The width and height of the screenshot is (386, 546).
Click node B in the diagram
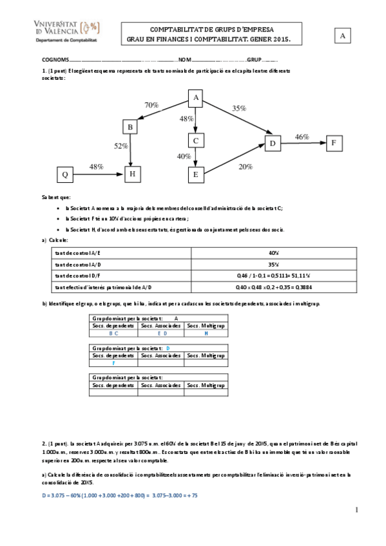(x=131, y=127)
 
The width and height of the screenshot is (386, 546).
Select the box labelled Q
(x=64, y=174)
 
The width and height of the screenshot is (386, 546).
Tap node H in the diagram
(x=132, y=174)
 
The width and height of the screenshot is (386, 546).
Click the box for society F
(x=334, y=142)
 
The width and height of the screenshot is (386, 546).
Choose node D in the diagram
(x=273, y=142)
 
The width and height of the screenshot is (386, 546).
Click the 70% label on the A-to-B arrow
(x=151, y=105)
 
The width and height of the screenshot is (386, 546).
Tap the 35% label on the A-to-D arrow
(x=239, y=109)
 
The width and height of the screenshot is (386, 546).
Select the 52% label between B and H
(x=121, y=146)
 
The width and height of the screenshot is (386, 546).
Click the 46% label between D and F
(x=302, y=137)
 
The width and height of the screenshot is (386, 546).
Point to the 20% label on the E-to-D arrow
(x=246, y=167)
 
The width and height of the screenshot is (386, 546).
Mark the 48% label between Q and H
(x=97, y=167)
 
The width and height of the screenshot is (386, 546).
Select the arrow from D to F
(x=304, y=142)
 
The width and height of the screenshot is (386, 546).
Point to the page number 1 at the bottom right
(x=356, y=510)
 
